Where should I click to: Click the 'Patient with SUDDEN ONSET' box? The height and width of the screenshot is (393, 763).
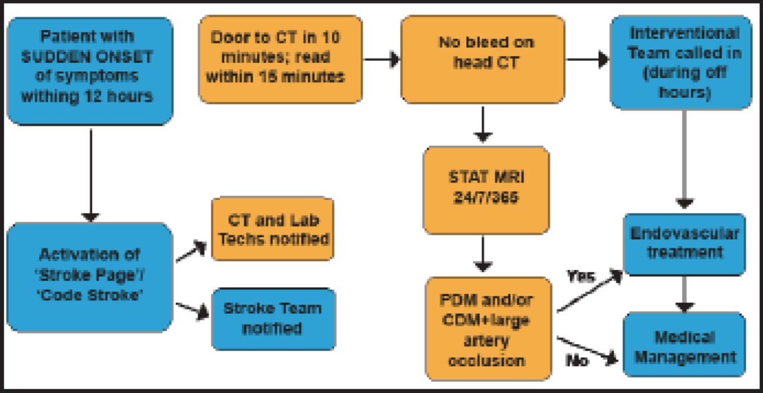click(x=90, y=70)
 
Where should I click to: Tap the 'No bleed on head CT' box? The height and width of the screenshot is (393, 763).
click(x=482, y=59)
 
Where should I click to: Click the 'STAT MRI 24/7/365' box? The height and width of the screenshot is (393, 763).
click(x=486, y=190)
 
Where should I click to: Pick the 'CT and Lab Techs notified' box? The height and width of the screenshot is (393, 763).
click(x=272, y=228)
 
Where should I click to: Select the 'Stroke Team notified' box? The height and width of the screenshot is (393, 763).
click(x=273, y=318)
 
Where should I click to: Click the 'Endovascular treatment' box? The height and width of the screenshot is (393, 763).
click(x=684, y=243)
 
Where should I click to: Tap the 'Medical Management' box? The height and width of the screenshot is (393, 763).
click(x=684, y=346)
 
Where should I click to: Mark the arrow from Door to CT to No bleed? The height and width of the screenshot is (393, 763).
click(x=381, y=59)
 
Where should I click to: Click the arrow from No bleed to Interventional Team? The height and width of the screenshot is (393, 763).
click(x=587, y=59)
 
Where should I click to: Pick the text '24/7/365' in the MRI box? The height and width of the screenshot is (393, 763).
click(x=486, y=197)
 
